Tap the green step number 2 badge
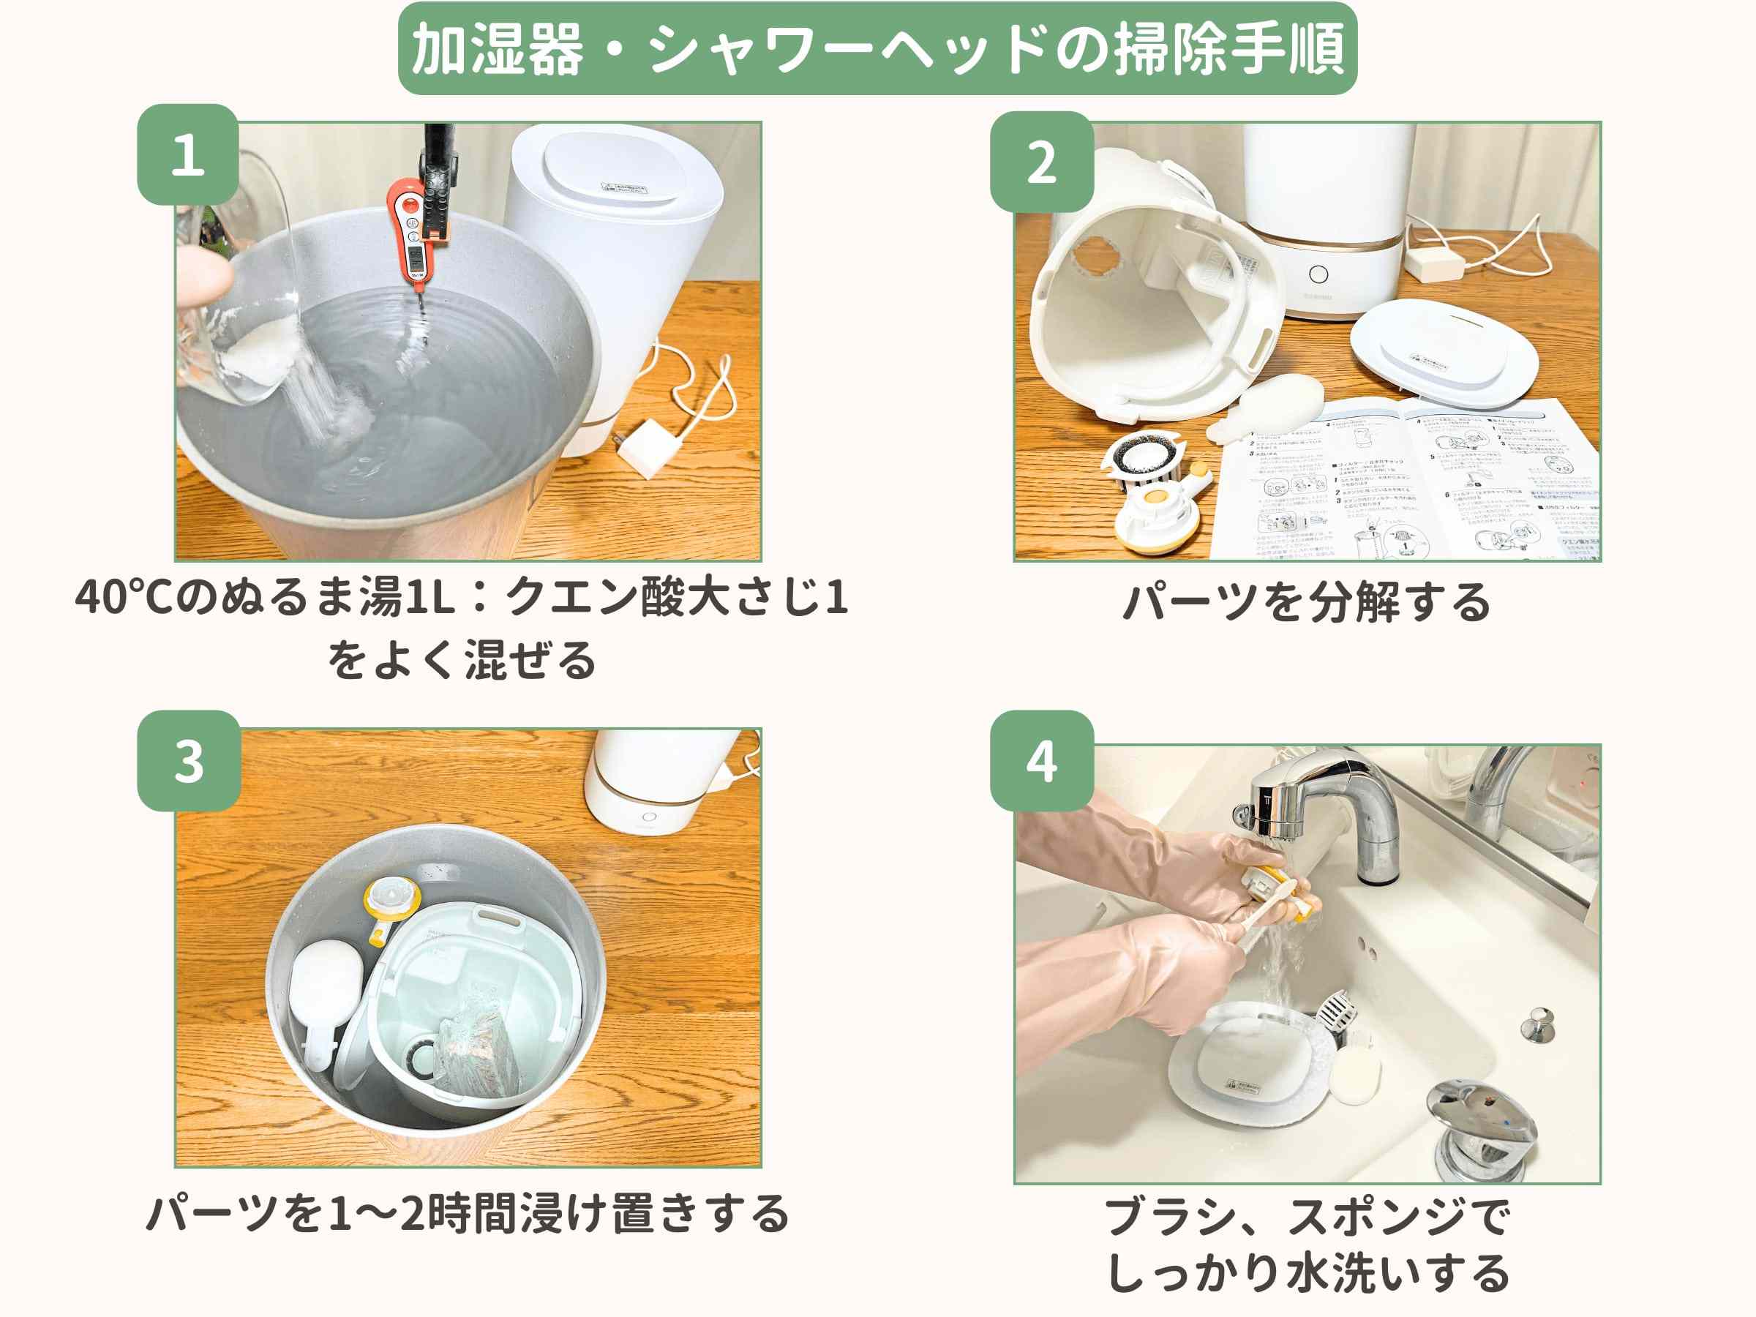click(x=1042, y=162)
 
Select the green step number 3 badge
click(x=189, y=760)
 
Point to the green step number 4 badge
click(x=1042, y=760)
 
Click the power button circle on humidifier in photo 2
click(x=1318, y=274)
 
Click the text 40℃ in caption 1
click(x=124, y=597)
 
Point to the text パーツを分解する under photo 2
click(x=1307, y=601)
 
